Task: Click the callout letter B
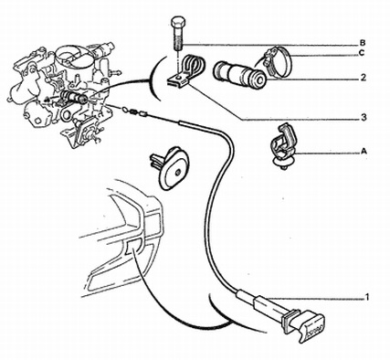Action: click(363, 43)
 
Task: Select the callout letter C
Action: click(362, 53)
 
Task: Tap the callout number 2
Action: click(363, 78)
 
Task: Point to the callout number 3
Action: click(364, 117)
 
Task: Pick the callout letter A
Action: click(363, 151)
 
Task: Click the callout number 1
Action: click(367, 297)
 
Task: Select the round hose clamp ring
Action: click(278, 62)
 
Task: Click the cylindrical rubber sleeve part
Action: click(239, 75)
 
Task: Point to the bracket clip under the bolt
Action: click(186, 70)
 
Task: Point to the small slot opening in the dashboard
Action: click(132, 246)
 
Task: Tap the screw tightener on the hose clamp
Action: click(269, 58)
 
